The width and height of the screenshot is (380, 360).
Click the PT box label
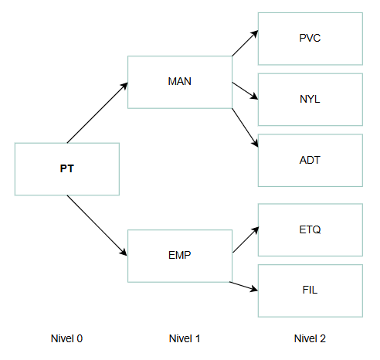tap(67, 168)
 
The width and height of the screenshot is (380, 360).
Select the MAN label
tap(180, 81)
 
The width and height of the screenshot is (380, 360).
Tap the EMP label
tap(180, 255)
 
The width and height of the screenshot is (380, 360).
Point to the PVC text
tap(310, 38)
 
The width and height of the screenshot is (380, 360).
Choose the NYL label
tap(310, 99)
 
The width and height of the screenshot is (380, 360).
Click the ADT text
tap(310, 160)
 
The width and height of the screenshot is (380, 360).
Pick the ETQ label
tap(310, 229)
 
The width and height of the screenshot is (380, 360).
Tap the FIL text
tap(310, 290)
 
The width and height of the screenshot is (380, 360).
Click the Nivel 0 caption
tap(66, 338)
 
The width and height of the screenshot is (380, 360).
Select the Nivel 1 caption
tap(185, 338)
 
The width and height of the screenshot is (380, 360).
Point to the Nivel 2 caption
tap(310, 338)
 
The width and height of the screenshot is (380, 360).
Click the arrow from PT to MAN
tap(97, 113)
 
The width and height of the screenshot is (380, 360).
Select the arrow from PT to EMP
tap(97, 226)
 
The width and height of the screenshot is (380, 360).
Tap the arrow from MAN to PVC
tap(245, 43)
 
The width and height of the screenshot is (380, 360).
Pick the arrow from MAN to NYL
tap(245, 90)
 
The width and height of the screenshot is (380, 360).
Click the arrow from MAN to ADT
tap(245, 127)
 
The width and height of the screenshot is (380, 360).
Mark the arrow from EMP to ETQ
tap(246, 239)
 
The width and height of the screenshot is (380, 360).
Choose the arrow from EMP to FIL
tap(243, 287)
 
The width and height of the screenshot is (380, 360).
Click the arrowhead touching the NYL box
tap(254, 97)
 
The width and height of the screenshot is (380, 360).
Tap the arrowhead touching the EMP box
tap(124, 253)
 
